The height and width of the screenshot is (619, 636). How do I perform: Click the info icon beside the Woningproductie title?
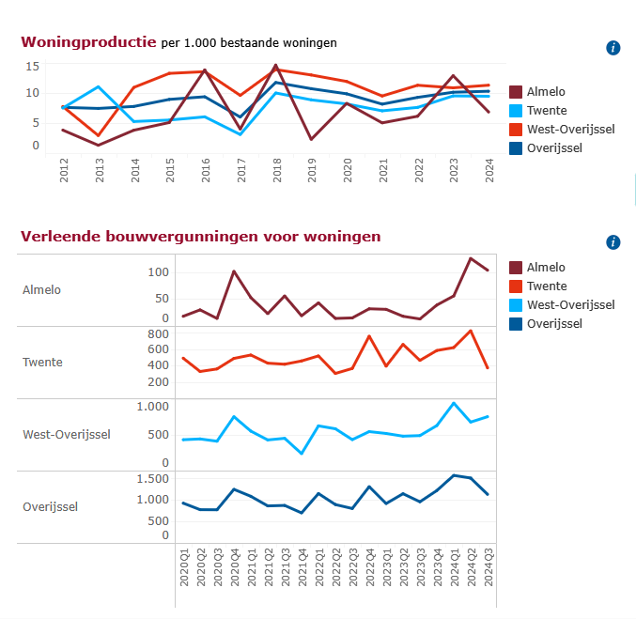pos(613,48)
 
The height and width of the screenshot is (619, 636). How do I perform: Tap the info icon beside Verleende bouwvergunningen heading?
pos(613,242)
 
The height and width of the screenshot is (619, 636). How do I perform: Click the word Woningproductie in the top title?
pos(88,42)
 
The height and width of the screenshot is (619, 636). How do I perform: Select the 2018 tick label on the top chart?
pos(276,170)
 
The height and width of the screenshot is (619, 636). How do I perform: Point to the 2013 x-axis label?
pos(100,170)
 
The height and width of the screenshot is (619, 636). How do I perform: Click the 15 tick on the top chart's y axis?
pos(33,66)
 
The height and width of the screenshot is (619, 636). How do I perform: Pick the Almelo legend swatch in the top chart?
pos(516,92)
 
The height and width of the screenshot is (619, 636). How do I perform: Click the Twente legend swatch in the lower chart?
pos(516,286)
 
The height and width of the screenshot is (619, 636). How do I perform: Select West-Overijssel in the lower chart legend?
pos(570,304)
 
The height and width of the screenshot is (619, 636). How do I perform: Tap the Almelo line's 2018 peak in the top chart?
pos(276,65)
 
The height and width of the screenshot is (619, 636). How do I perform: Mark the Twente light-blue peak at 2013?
pos(98,86)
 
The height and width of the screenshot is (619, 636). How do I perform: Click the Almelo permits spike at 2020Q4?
pos(234,271)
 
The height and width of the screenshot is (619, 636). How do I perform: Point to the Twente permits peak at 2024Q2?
pos(471,331)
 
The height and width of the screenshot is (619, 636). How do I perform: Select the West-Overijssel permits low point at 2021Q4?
pos(302,453)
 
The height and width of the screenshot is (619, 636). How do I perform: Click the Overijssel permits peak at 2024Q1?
pos(454,475)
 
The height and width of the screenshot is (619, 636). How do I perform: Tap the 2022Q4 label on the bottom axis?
pos(369,567)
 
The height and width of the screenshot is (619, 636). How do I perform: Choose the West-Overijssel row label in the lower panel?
pos(67,435)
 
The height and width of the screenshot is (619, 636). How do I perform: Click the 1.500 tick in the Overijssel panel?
pos(152,479)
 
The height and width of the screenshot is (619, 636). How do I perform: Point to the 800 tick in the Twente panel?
pos(158,333)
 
